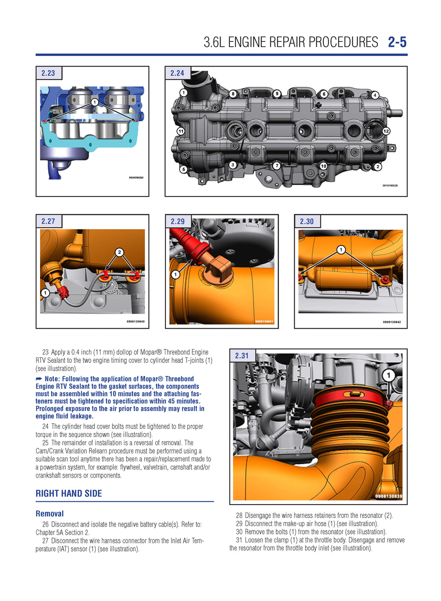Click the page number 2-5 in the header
[397, 42]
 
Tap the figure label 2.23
[48, 73]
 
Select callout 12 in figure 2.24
[386, 131]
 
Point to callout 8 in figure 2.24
[233, 94]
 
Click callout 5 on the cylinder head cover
[183, 169]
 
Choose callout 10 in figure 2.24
[323, 166]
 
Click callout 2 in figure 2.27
[120, 252]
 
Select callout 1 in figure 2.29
[176, 275]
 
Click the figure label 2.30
[306, 222]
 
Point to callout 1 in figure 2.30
[340, 250]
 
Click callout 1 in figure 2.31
[388, 375]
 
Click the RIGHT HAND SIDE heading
[68, 493]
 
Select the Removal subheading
[49, 514]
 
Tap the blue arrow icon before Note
[39, 379]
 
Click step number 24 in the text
[45, 427]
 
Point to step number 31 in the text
[239, 540]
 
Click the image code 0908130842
[392, 322]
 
